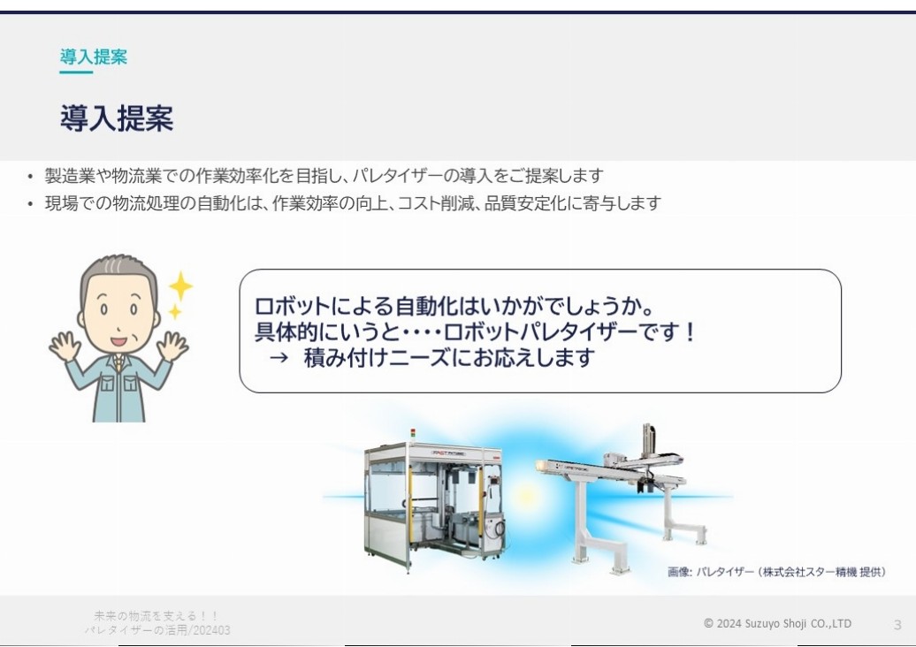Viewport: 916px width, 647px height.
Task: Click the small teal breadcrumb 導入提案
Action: coord(94,57)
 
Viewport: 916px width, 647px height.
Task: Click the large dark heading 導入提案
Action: coord(117,118)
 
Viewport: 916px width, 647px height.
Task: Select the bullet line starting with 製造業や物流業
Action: coord(324,175)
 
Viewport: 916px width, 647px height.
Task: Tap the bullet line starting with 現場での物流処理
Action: coord(353,203)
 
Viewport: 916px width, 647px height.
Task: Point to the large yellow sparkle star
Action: coord(180,286)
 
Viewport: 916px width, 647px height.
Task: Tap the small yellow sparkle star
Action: coord(175,312)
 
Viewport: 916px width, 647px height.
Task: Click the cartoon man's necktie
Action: coord(118,363)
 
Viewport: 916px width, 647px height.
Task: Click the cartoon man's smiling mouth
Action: coord(118,341)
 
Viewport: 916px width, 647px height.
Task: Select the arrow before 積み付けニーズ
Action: coord(279,357)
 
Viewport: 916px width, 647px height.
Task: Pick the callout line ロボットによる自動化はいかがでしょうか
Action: coord(454,306)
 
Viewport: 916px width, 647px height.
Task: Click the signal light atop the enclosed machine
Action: coord(413,433)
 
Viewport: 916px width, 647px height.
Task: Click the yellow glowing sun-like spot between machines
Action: coord(527,497)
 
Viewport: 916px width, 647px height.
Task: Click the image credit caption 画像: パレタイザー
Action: coord(776,572)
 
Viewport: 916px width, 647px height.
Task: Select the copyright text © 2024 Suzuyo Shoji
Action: coord(777,623)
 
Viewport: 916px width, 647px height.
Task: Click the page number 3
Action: coord(897,625)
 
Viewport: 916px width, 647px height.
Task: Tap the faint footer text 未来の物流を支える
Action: coord(156,616)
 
